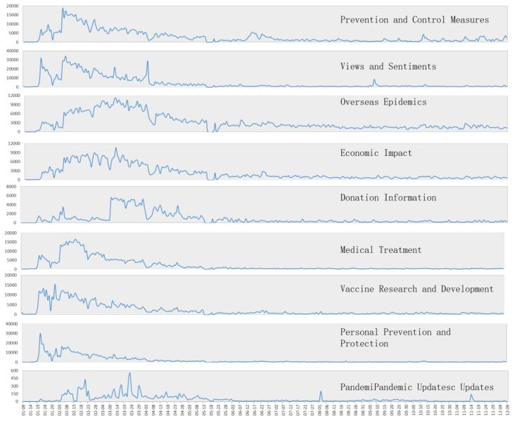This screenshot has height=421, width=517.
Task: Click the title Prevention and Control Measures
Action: coord(414,20)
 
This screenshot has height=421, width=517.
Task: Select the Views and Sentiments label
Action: coord(388,66)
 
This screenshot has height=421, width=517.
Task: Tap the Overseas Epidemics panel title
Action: coord(383,102)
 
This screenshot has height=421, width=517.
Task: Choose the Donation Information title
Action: coord(388,197)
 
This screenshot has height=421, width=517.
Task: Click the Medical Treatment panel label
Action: coord(381,250)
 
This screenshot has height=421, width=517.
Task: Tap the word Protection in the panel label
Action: coord(364,344)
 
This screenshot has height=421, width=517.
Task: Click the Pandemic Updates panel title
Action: coord(416,387)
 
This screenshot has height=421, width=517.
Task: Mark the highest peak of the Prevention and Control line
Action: coord(63,9)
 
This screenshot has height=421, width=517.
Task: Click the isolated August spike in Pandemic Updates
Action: coord(320,392)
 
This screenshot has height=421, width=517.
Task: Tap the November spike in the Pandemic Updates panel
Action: coord(471,395)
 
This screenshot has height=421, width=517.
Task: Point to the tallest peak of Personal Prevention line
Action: coord(40,334)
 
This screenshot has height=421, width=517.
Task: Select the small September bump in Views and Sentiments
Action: coord(374,80)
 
